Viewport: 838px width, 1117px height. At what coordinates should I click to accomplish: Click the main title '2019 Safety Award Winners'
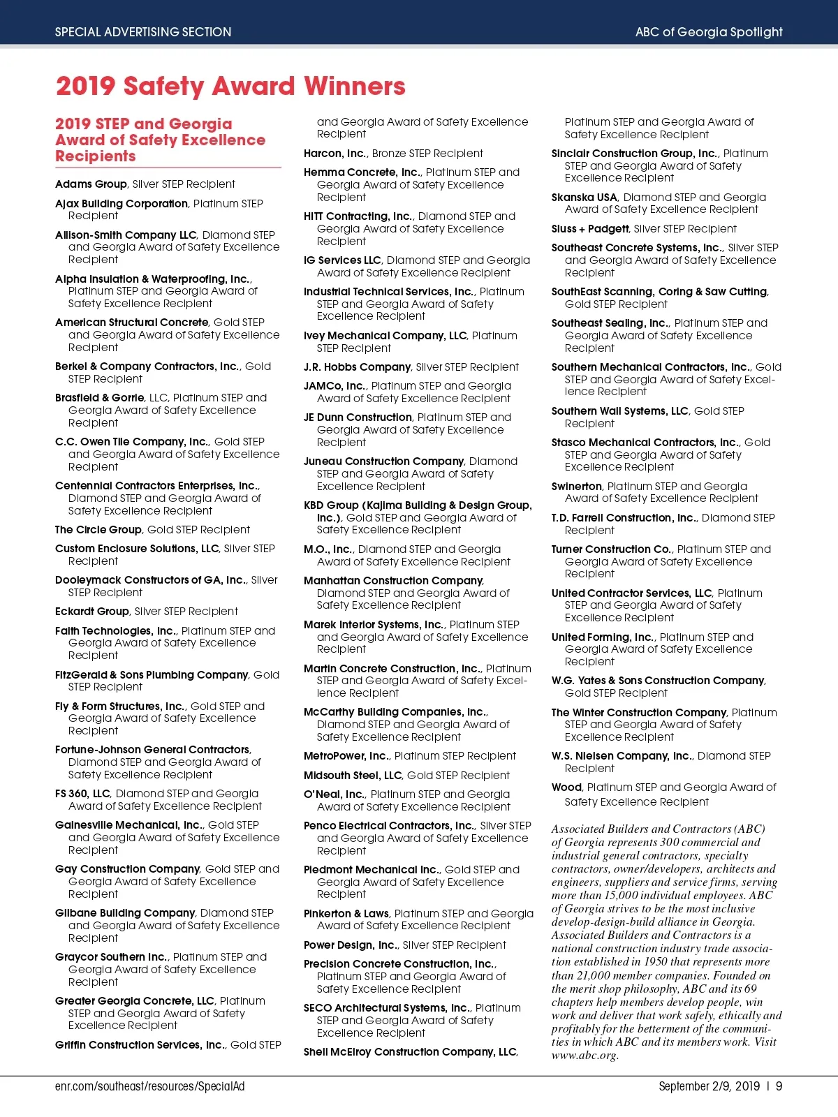pyautogui.click(x=230, y=87)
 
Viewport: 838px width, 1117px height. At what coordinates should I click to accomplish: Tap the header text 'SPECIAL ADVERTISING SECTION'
pyautogui.click(x=143, y=32)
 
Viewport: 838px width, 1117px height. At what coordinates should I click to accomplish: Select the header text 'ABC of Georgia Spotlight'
pyautogui.click(x=708, y=32)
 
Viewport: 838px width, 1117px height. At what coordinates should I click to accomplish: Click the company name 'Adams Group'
pyautogui.click(x=91, y=184)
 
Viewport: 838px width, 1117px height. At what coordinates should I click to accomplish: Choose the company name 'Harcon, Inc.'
pyautogui.click(x=335, y=154)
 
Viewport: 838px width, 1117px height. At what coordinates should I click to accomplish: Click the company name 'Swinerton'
pyautogui.click(x=576, y=487)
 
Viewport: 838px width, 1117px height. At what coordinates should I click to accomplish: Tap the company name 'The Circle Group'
pyautogui.click(x=98, y=530)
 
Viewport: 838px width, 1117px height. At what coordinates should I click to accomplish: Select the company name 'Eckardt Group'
pyautogui.click(x=92, y=612)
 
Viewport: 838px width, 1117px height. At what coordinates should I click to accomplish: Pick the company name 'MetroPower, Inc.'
pyautogui.click(x=346, y=756)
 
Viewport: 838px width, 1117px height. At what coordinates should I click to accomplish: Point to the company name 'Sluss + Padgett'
pyautogui.click(x=590, y=229)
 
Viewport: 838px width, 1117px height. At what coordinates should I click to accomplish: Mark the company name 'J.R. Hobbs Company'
pyautogui.click(x=357, y=367)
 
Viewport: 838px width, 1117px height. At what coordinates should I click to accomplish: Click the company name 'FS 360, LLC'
pyautogui.click(x=82, y=794)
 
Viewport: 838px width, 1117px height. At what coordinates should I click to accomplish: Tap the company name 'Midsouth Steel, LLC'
pyautogui.click(x=353, y=776)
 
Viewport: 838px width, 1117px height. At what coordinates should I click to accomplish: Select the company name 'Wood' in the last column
pyautogui.click(x=566, y=787)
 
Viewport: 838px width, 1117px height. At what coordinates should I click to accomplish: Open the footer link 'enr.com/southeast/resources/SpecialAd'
pyautogui.click(x=149, y=1086)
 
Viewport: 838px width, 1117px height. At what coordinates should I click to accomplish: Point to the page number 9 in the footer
pyautogui.click(x=779, y=1086)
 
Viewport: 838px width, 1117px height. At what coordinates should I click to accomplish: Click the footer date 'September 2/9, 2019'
pyautogui.click(x=709, y=1086)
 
